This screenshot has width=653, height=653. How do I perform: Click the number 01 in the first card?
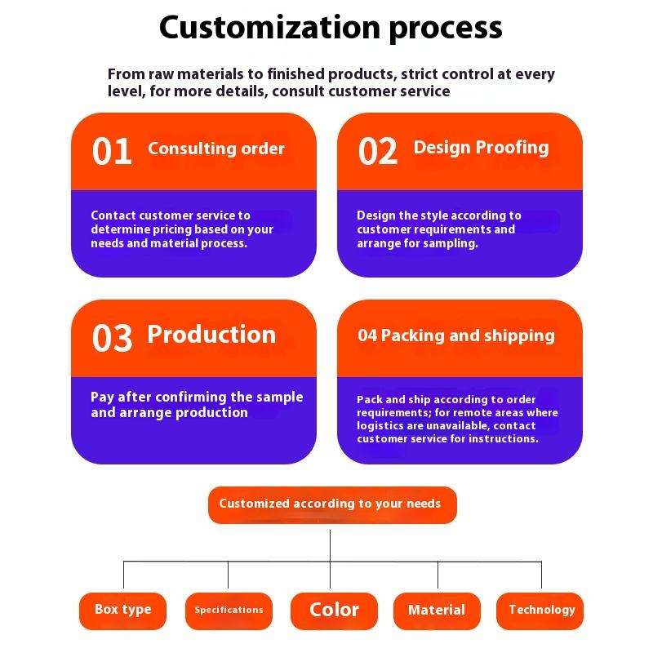pyautogui.click(x=112, y=152)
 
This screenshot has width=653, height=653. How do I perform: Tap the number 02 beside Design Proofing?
pyautogui.click(x=378, y=152)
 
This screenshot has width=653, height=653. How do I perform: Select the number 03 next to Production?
pyautogui.click(x=112, y=338)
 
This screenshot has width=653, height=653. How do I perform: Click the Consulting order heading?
pyautogui.click(x=216, y=149)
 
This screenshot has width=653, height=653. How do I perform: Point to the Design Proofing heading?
pyautogui.click(x=481, y=148)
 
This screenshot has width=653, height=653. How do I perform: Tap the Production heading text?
pyautogui.click(x=211, y=335)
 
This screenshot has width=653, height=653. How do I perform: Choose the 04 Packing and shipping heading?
pyautogui.click(x=456, y=335)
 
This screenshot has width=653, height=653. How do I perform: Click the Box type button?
pyautogui.click(x=123, y=610)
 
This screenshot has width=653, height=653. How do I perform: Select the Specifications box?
pyautogui.click(x=229, y=611)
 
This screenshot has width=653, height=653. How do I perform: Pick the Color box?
pyautogui.click(x=334, y=611)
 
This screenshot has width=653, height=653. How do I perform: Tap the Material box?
pyautogui.click(x=437, y=611)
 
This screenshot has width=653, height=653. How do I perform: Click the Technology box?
pyautogui.click(x=541, y=610)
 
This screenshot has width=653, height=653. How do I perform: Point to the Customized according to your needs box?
pyautogui.click(x=330, y=504)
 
